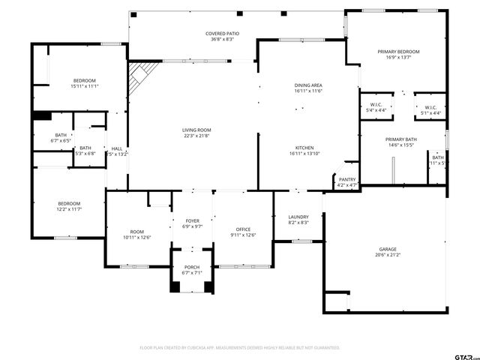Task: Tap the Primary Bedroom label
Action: point(398,51)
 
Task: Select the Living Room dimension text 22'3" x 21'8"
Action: point(196,135)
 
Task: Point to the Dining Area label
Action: point(308,85)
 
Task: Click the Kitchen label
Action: point(304,148)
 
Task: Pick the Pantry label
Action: point(346,179)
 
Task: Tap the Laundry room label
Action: point(298,216)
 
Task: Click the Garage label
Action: point(387,249)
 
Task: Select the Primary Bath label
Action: point(400,139)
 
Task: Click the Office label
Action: point(243,229)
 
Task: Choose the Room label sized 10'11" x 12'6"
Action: point(136,232)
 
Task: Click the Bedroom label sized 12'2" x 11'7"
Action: point(70,203)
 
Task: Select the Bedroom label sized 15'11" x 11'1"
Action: point(85,80)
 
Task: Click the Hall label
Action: point(117,148)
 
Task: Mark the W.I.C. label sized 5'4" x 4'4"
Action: point(376,105)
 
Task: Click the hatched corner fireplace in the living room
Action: point(139,74)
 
